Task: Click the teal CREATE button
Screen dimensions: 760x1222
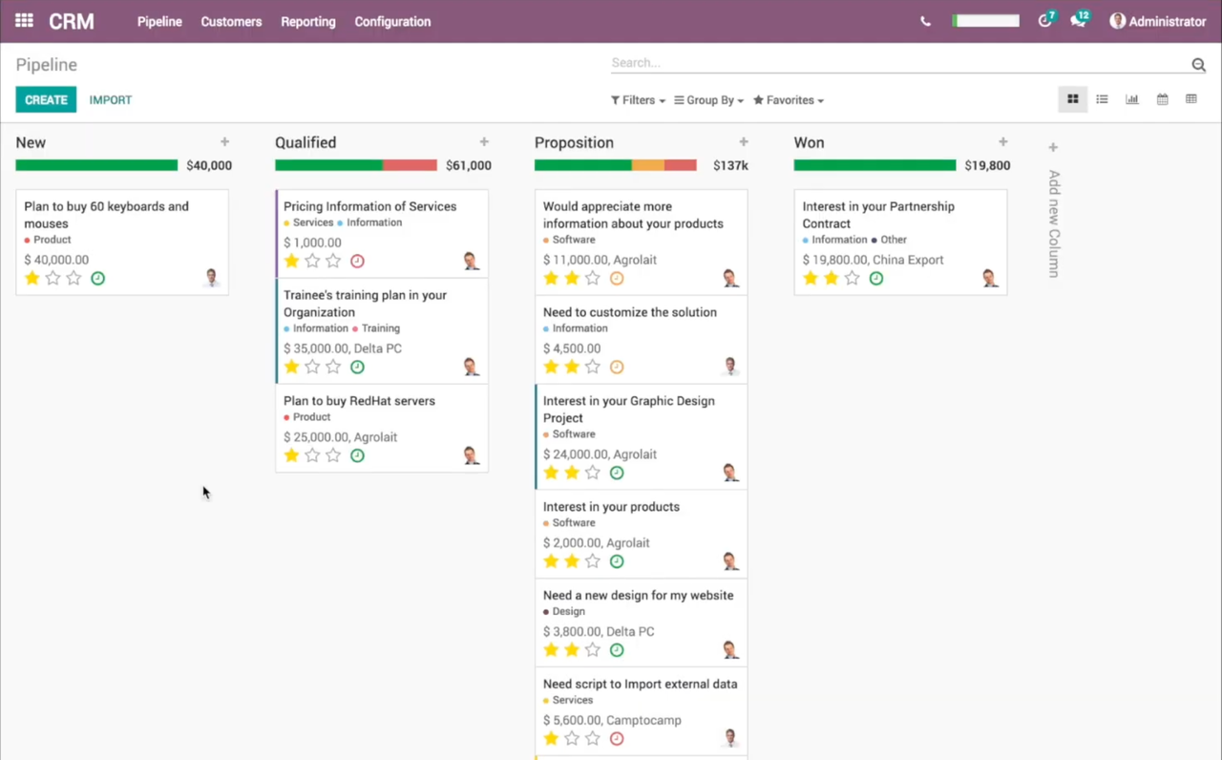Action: coord(46,100)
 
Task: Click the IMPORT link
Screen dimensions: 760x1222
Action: coord(111,100)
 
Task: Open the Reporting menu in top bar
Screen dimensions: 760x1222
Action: coord(307,22)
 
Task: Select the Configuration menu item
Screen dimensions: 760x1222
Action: coord(392,22)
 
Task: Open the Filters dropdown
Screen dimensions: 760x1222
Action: coord(638,100)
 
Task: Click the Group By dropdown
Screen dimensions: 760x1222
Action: coord(708,100)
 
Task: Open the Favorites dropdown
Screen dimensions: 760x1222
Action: coord(789,100)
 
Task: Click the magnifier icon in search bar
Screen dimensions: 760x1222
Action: coord(1198,65)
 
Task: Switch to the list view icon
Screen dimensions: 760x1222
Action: coord(1102,99)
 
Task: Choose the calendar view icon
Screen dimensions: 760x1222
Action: coord(1162,99)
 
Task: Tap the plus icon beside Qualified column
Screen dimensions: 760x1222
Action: coord(484,142)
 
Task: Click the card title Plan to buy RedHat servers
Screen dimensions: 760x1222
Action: coord(359,401)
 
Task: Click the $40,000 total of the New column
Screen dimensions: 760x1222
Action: coord(208,165)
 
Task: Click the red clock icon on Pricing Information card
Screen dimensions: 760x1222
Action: coord(357,261)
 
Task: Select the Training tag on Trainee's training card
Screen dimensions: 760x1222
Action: coord(380,328)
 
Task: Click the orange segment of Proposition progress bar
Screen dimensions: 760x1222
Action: coord(647,165)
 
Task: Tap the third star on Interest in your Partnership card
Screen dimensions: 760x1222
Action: coord(852,278)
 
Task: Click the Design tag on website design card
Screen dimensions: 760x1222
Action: coord(568,611)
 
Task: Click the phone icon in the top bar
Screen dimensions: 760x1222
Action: coord(925,22)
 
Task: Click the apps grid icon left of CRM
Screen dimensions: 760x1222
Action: coord(24,21)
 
